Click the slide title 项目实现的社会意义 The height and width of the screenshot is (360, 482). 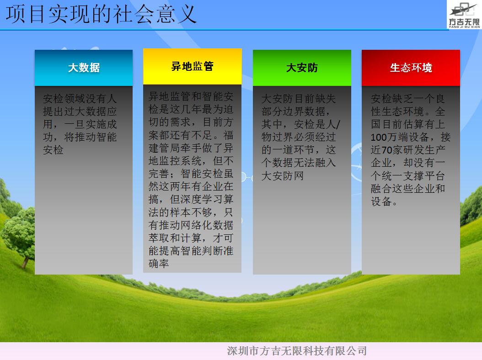click(101, 14)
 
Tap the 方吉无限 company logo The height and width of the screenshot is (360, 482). click(464, 15)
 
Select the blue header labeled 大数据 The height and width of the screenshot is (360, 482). click(84, 68)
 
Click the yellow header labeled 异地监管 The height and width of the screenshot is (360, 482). click(193, 66)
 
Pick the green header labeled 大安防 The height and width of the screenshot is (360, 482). click(302, 68)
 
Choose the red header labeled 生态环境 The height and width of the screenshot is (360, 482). click(411, 68)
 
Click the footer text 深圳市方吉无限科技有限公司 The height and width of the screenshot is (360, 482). click(297, 351)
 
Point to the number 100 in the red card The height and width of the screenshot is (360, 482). click(380, 137)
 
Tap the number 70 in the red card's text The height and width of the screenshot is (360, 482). click(387, 150)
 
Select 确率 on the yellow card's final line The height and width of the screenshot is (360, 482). click(159, 264)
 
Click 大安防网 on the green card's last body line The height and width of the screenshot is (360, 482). click(283, 176)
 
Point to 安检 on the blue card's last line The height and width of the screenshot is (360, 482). click(53, 150)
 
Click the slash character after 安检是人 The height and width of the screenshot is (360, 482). click(338, 124)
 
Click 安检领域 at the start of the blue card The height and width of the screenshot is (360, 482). click(64, 99)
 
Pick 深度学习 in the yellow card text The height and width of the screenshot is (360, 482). click(202, 199)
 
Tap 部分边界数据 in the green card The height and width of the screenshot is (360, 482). click(293, 111)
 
